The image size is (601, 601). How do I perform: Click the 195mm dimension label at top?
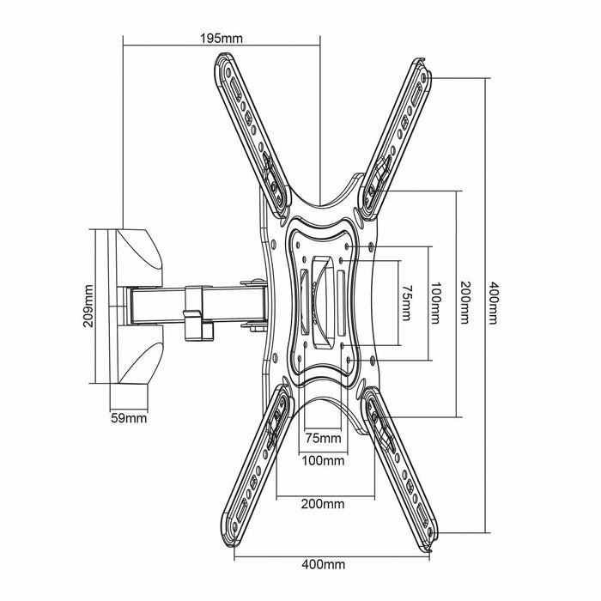tap(221, 38)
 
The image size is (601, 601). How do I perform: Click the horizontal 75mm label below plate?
tap(324, 440)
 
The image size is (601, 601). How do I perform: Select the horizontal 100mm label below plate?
tap(324, 460)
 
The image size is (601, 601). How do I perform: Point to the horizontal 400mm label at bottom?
tap(324, 565)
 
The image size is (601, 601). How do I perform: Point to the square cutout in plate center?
tap(323, 302)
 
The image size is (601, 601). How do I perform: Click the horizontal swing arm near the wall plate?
tap(155, 305)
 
